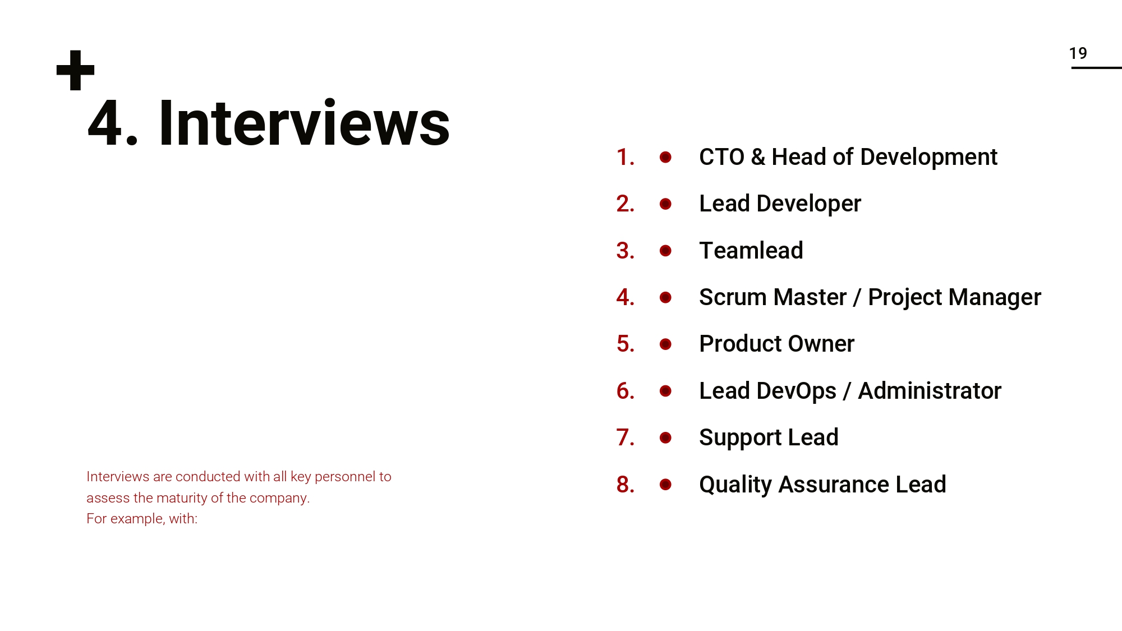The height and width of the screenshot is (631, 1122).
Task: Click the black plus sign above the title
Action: (x=76, y=71)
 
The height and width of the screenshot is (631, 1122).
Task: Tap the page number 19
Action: (x=1078, y=53)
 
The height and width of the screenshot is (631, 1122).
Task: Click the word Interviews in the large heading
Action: (x=304, y=123)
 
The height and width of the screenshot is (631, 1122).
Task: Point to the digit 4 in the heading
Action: (x=105, y=123)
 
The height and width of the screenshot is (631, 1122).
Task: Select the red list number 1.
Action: (x=624, y=157)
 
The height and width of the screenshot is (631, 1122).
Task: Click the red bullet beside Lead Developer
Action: (x=665, y=204)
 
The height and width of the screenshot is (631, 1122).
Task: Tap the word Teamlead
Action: (x=751, y=251)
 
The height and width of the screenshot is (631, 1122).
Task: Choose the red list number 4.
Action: (x=624, y=297)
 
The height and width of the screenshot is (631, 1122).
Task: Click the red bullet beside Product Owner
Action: (x=665, y=344)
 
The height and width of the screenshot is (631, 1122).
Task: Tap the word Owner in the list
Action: (x=821, y=344)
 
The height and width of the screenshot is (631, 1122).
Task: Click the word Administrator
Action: (x=929, y=391)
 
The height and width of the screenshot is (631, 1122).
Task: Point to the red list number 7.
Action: (x=624, y=437)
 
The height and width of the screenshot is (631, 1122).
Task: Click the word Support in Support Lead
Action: (x=740, y=437)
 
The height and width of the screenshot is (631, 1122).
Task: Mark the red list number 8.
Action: (x=624, y=485)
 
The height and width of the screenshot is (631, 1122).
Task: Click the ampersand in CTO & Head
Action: (x=757, y=157)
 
